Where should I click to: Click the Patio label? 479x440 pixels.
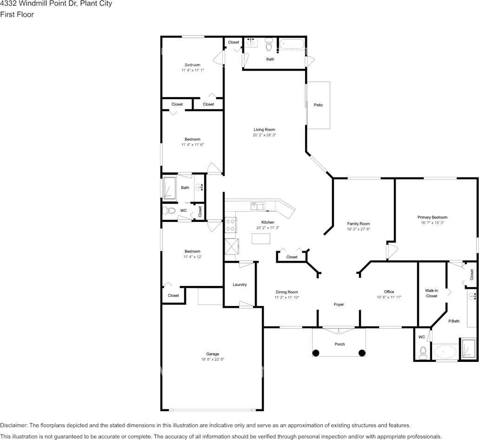click(318, 105)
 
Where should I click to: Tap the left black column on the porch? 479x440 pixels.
click(316, 353)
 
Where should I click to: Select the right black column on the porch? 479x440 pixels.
click(362, 353)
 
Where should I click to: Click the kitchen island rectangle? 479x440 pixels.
click(261, 239)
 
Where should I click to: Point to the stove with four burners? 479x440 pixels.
click(230, 225)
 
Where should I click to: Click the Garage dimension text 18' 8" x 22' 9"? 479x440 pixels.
click(213, 359)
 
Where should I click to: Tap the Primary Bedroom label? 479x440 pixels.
click(432, 217)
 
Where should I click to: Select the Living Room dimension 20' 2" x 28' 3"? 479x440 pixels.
click(264, 135)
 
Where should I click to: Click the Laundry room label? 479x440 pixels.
click(239, 285)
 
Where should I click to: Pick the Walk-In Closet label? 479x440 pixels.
click(432, 293)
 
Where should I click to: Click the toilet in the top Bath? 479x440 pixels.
click(268, 45)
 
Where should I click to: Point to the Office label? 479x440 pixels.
click(389, 292)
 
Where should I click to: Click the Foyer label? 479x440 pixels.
click(339, 305)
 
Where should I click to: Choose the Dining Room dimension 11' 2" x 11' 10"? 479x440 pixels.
click(286, 297)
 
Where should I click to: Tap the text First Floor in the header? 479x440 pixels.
click(17, 14)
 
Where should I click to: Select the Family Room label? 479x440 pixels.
click(358, 224)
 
